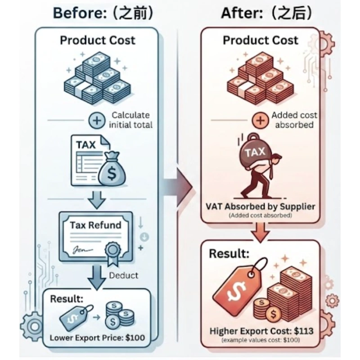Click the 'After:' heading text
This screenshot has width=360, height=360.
click(242, 13)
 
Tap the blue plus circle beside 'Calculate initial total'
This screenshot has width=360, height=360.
click(97, 121)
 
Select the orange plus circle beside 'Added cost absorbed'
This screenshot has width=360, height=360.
click(260, 121)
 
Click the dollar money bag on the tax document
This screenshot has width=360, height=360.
click(112, 169)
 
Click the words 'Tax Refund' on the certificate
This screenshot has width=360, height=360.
click(95, 225)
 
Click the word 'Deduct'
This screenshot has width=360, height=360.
click(123, 275)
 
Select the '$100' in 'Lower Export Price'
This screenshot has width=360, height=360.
click(135, 338)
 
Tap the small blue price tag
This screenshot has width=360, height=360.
click(75, 315)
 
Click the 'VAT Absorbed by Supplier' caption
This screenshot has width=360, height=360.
click(261, 207)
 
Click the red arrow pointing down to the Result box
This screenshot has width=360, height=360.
click(260, 232)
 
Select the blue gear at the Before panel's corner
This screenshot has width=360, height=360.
click(34, 326)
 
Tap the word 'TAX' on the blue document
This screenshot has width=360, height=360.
click(86, 145)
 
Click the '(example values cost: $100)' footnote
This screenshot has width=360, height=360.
click(261, 340)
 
